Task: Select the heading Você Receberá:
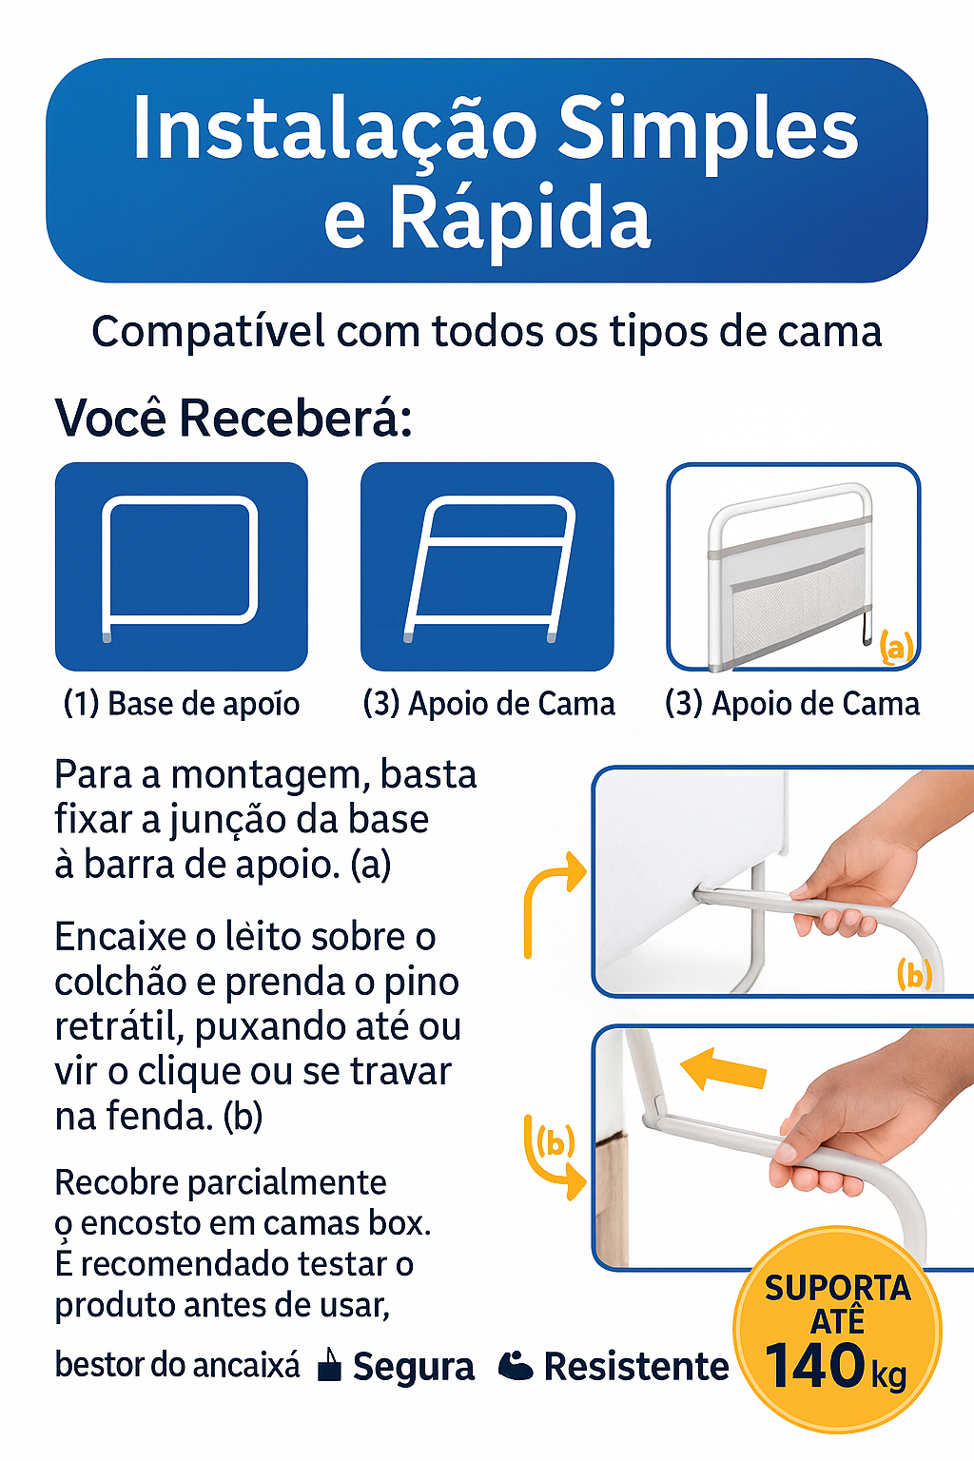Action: [x=234, y=418]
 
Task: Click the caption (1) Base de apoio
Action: [x=182, y=704]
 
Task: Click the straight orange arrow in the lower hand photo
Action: [x=725, y=1069]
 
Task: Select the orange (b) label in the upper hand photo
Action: [x=914, y=974]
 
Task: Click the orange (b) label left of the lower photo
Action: [x=555, y=1141]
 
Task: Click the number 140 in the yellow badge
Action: [x=815, y=1368]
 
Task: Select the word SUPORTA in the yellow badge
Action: [x=837, y=1288]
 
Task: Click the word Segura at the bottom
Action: [x=414, y=1367]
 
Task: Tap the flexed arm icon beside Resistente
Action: [x=516, y=1366]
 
